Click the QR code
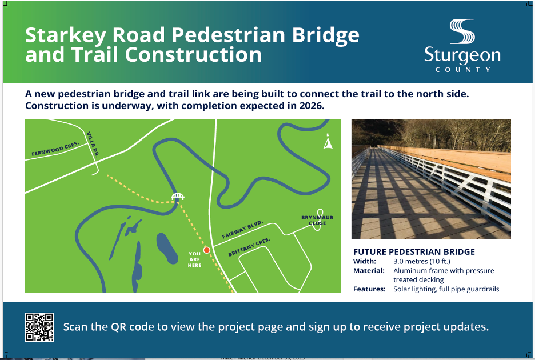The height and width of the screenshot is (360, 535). click(x=39, y=327)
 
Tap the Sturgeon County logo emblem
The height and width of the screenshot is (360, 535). click(x=462, y=33)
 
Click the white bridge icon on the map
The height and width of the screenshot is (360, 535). click(x=178, y=197)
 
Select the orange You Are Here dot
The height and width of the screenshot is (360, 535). click(x=207, y=250)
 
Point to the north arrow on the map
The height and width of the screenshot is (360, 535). click(x=328, y=142)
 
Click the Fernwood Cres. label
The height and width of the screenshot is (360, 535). click(x=55, y=149)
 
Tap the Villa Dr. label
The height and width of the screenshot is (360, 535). click(x=93, y=145)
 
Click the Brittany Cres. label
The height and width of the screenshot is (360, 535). click(x=249, y=249)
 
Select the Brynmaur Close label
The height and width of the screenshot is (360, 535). click(x=317, y=220)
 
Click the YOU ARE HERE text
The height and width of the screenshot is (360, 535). click(x=194, y=259)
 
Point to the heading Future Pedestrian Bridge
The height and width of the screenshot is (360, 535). click(x=414, y=252)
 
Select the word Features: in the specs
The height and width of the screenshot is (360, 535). click(x=369, y=289)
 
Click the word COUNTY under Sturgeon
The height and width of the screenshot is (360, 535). click(x=462, y=70)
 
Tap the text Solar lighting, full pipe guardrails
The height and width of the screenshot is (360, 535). click(x=446, y=289)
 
